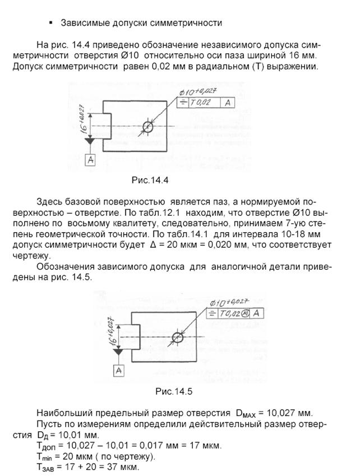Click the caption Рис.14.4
[x=150, y=180]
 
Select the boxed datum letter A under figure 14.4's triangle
[x=90, y=160]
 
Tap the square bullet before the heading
[x=51, y=22]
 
